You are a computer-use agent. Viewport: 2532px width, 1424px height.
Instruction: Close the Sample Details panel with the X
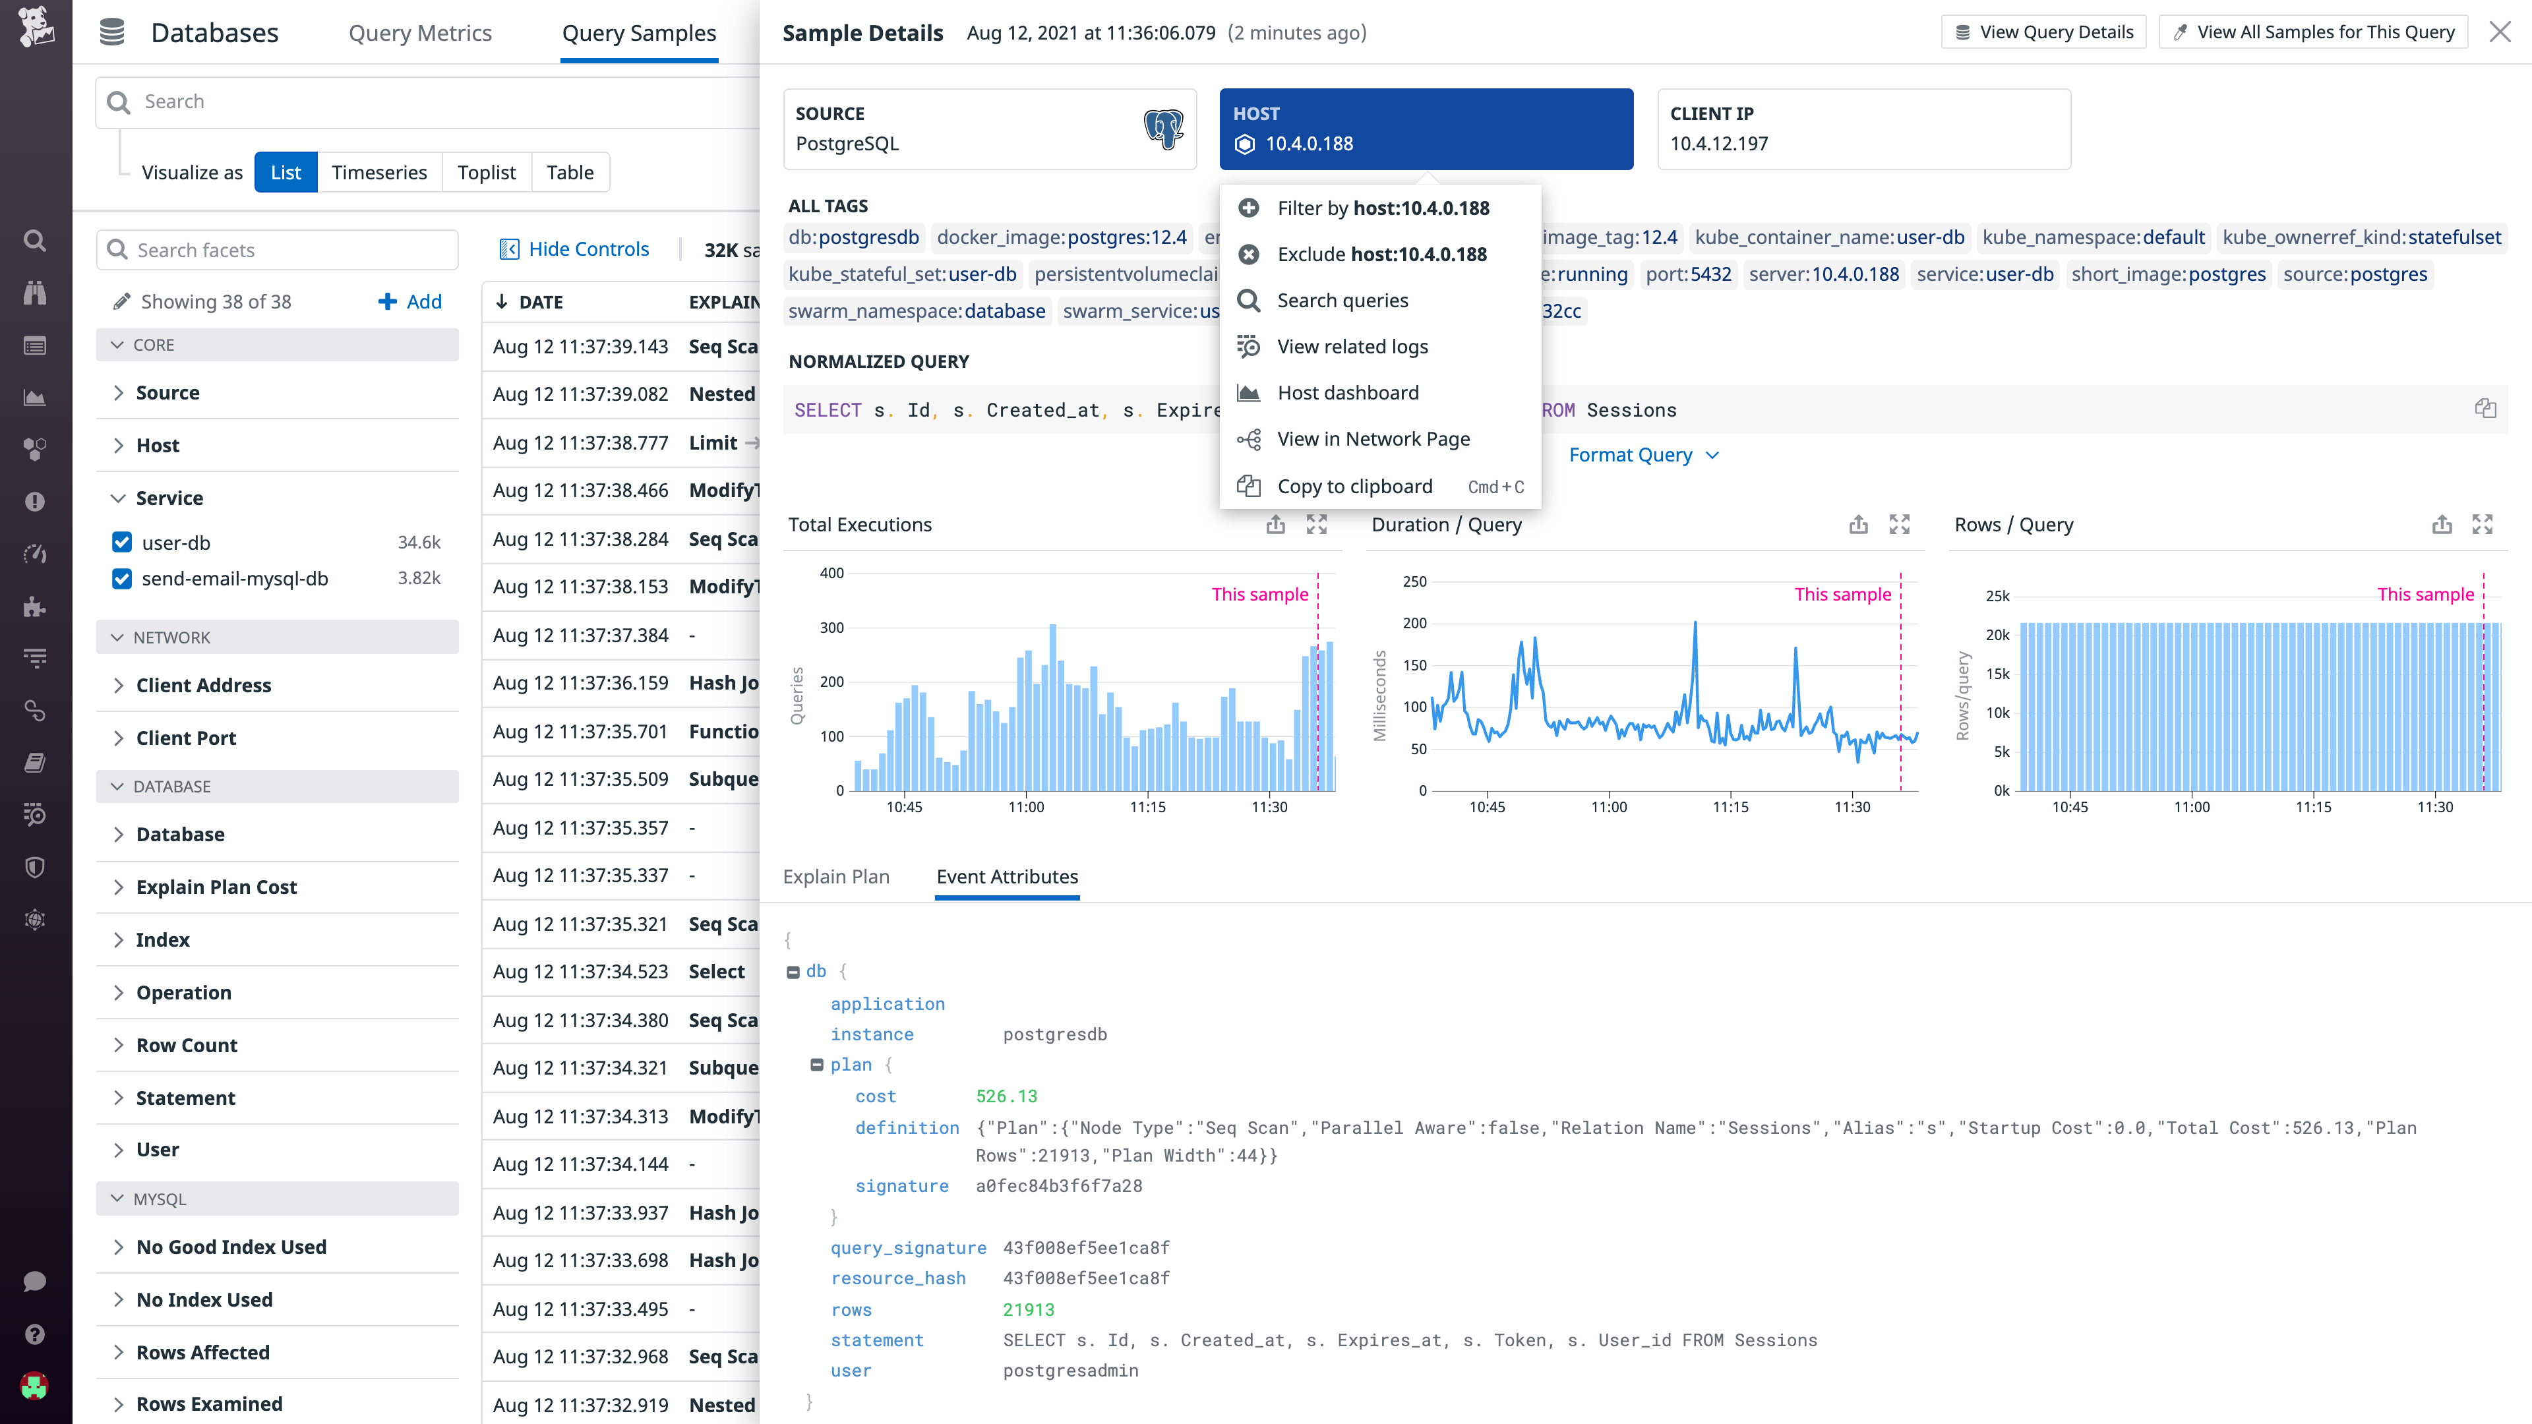point(2500,32)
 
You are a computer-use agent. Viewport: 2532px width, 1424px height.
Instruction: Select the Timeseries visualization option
point(378,173)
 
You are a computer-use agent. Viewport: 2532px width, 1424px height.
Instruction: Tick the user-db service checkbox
point(122,543)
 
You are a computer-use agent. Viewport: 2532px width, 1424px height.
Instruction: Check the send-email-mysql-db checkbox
point(122,579)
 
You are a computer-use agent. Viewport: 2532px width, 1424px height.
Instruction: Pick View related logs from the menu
point(1352,347)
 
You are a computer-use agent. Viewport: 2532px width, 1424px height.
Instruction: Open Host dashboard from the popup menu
point(1348,393)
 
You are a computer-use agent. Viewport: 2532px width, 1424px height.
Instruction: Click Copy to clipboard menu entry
point(1354,487)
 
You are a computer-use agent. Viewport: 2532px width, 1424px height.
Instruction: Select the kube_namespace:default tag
point(2093,237)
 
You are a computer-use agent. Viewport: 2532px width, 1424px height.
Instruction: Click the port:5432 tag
point(1688,274)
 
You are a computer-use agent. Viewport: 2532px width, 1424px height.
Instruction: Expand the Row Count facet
point(187,1046)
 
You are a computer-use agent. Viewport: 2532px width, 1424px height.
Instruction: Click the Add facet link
point(411,302)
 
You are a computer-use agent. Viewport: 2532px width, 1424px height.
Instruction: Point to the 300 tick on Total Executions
point(831,628)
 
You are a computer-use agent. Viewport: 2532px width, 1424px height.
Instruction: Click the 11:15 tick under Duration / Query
point(1730,807)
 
